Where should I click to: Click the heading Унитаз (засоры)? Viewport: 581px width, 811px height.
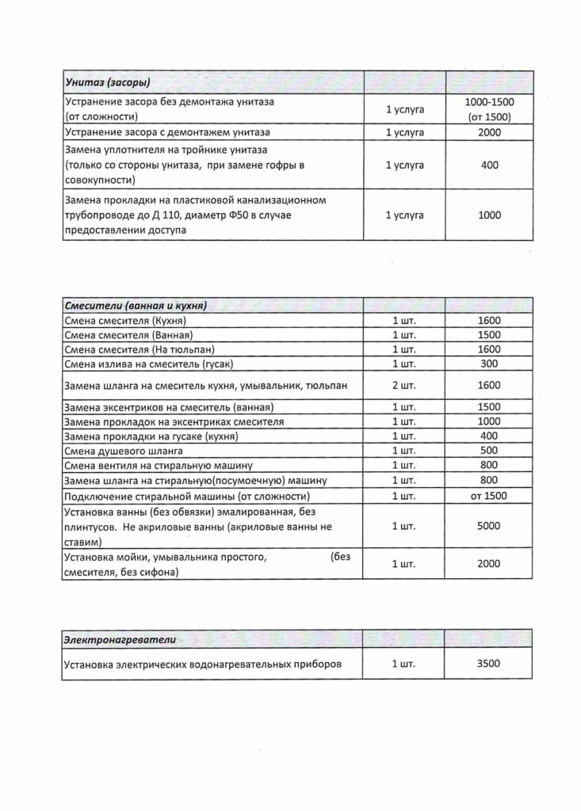107,82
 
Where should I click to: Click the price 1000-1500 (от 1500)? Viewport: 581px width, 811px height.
489,110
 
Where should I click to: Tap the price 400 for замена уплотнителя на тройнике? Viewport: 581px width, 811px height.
489,165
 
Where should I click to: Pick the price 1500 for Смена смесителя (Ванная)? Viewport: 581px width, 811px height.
489,334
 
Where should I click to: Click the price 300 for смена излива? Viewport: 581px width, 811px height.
489,364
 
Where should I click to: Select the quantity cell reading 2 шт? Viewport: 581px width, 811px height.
404,386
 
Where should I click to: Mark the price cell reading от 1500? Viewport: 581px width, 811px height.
489,496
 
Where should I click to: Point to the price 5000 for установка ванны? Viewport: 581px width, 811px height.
489,526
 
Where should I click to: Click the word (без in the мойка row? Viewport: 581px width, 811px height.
338,558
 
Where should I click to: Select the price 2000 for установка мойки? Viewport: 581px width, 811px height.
489,565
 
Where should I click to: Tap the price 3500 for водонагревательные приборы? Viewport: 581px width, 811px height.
489,664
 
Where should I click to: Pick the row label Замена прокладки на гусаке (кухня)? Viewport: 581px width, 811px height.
151,436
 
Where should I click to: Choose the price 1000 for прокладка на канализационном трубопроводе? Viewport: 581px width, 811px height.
489,215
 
